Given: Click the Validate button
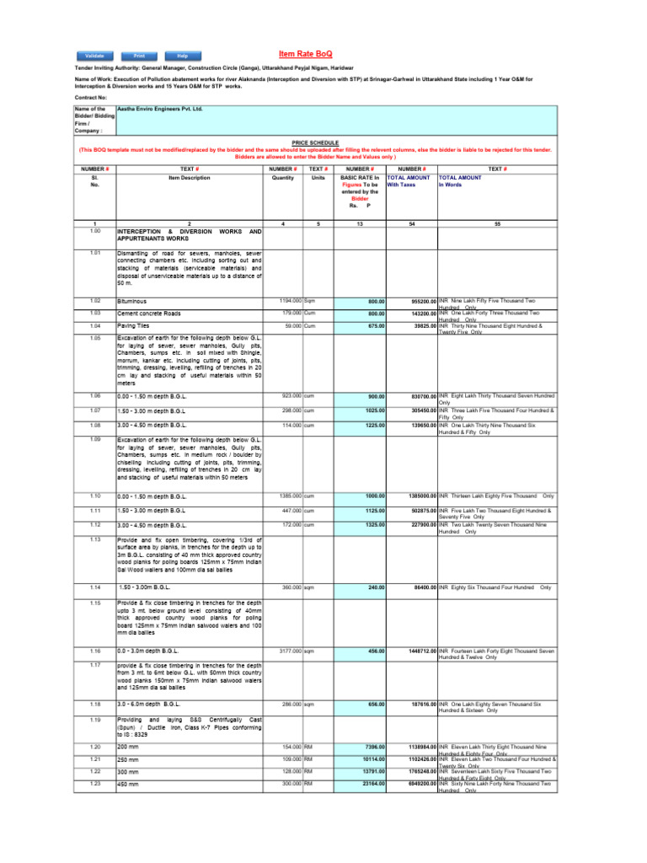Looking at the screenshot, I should click(x=94, y=56).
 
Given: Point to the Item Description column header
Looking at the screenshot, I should click(x=190, y=178).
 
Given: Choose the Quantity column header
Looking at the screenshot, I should click(x=281, y=178).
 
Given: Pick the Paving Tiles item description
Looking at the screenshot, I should click(x=133, y=325).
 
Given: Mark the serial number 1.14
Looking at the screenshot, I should click(x=95, y=587).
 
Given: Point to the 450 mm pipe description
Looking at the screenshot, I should click(x=129, y=784).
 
